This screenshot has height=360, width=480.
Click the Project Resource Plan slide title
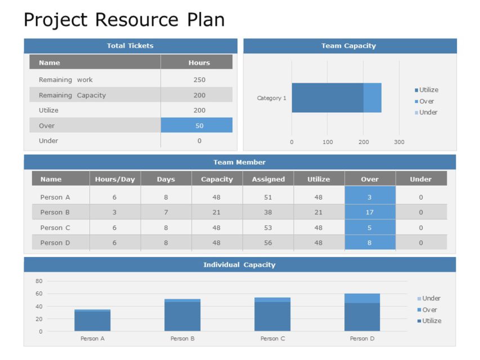tap(124, 20)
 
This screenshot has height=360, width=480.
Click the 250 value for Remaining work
tap(199, 80)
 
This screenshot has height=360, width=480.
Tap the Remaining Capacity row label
tap(72, 95)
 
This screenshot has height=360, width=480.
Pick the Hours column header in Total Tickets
tap(199, 63)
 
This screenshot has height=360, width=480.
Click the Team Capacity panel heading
tap(348, 46)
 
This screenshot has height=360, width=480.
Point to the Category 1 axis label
tap(271, 98)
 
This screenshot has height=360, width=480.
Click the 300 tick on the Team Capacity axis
tap(399, 142)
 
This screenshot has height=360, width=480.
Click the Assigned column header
tap(268, 179)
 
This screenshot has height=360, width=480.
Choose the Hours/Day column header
tap(115, 179)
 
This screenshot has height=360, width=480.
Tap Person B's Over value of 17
tap(370, 213)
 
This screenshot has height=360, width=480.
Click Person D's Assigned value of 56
tap(268, 243)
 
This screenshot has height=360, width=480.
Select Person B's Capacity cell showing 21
tap(217, 213)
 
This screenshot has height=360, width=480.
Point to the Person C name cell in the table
tap(55, 228)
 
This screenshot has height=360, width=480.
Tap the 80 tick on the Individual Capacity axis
tap(39, 281)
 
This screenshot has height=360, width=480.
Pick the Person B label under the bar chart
tap(182, 339)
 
